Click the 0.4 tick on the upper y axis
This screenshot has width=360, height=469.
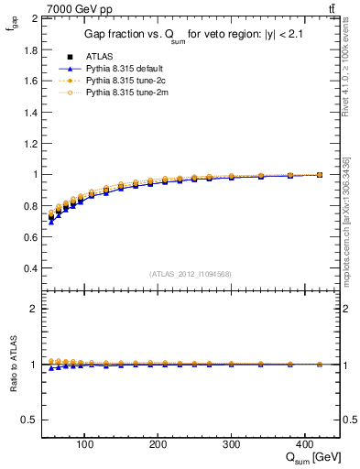coord(31,268)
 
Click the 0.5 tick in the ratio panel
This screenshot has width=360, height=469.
coord(31,420)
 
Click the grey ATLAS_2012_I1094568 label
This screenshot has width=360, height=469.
coord(191,273)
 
